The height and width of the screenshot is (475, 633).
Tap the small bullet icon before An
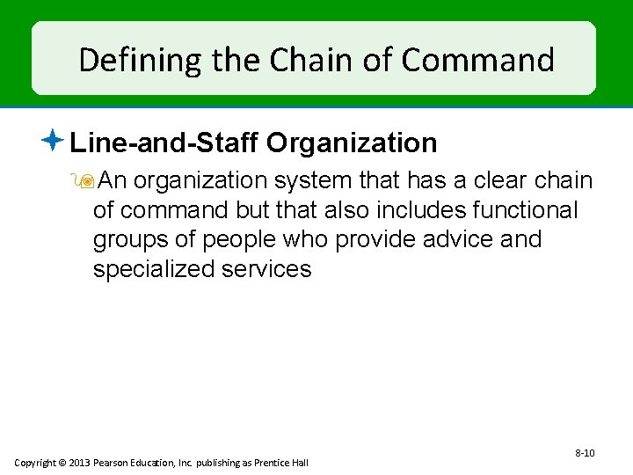(x=85, y=181)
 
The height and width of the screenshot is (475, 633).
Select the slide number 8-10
(x=585, y=453)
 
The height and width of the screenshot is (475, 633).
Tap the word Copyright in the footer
(x=34, y=463)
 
